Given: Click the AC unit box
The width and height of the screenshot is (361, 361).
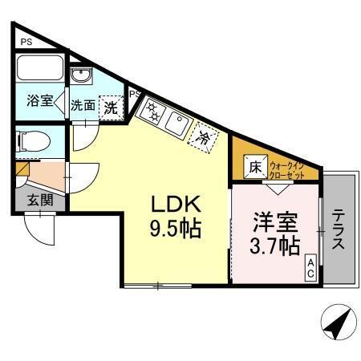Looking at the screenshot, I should [x=310, y=268].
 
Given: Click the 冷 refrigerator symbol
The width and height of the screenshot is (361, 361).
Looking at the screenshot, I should [x=205, y=138].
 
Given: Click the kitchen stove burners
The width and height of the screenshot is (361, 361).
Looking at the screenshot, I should [x=151, y=111].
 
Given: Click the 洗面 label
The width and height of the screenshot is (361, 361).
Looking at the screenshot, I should [x=83, y=105].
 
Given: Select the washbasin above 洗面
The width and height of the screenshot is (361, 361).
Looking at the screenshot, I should [x=81, y=76].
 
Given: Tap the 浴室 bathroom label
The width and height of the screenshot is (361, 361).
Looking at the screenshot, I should [x=39, y=101].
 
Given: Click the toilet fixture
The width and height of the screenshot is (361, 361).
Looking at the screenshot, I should [x=34, y=142].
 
